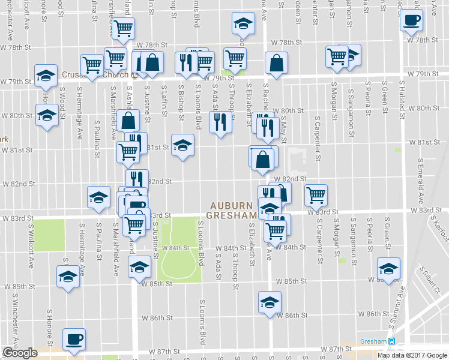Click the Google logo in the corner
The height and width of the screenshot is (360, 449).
click(x=20, y=353)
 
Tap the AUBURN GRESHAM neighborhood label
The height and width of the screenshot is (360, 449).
click(x=232, y=209)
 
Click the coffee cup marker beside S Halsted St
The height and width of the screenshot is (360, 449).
click(x=412, y=20)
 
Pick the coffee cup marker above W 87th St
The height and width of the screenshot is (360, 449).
click(x=74, y=340)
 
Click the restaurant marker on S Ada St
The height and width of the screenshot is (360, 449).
click(x=220, y=122)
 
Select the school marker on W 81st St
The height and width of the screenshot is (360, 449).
click(x=183, y=145)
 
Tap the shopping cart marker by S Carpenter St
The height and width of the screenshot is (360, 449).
click(x=315, y=194)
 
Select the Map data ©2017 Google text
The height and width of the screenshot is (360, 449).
click(x=412, y=355)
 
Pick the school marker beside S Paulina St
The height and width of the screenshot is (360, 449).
click(x=99, y=197)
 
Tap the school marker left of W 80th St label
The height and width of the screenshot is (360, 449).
click(x=46, y=115)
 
